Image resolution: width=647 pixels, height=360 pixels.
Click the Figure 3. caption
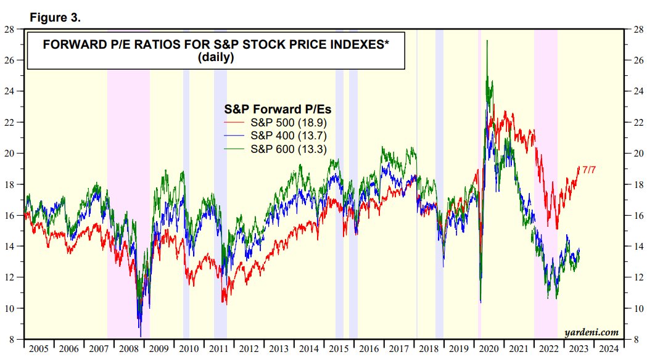click(x=56, y=18)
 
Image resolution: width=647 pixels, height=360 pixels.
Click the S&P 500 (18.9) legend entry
click(x=288, y=123)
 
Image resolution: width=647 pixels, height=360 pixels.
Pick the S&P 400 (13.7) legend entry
click(x=288, y=136)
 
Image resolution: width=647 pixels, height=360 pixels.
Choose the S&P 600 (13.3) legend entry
click(x=288, y=149)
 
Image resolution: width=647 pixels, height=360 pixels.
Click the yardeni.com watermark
click(x=591, y=332)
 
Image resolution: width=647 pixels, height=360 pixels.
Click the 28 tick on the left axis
click(x=10, y=29)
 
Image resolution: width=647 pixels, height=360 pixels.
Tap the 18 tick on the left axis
click(x=10, y=184)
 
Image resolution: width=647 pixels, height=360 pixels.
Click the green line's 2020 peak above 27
click(x=487, y=41)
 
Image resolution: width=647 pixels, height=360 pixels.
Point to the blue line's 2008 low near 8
click(x=141, y=336)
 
